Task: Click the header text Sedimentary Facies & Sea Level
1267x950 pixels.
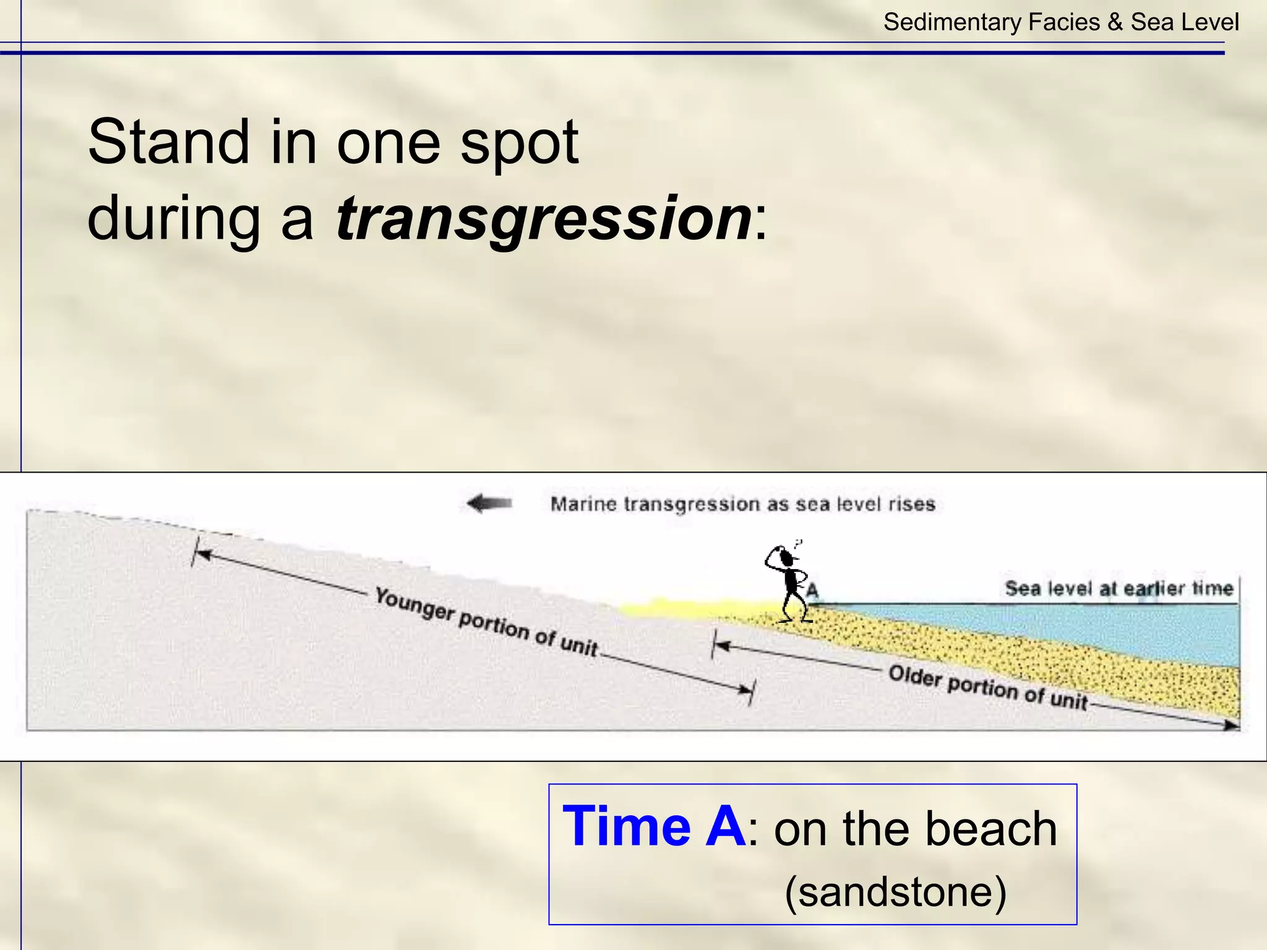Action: click(1060, 22)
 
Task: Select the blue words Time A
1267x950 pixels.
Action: click(654, 826)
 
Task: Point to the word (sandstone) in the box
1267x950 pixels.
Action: click(895, 891)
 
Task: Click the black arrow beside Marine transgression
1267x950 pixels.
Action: click(489, 503)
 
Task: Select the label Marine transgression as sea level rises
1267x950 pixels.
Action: click(742, 504)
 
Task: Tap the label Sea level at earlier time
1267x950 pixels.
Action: click(1119, 588)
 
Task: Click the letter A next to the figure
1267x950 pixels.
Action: click(812, 590)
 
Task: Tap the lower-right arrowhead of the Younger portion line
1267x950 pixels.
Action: click(745, 690)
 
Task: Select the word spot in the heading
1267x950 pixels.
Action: click(519, 142)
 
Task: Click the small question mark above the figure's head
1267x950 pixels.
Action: click(798, 544)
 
